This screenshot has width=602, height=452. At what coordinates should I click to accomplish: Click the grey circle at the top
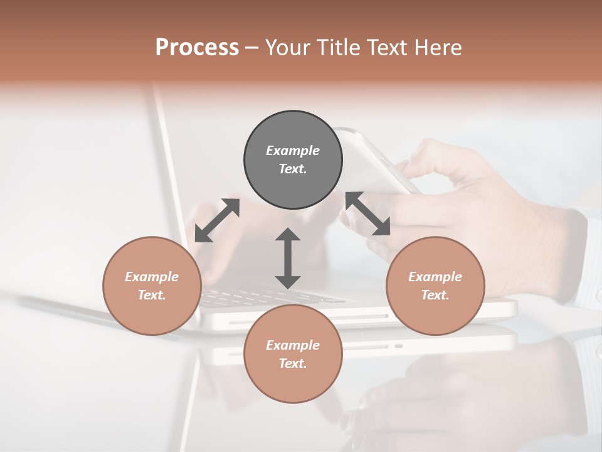pyautogui.click(x=293, y=159)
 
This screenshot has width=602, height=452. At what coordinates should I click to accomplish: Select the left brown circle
pyautogui.click(x=152, y=286)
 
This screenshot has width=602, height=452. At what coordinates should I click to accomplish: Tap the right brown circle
pyautogui.click(x=435, y=286)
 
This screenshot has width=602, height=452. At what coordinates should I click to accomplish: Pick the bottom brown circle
pyautogui.click(x=293, y=354)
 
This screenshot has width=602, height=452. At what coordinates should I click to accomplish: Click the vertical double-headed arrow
pyautogui.click(x=288, y=258)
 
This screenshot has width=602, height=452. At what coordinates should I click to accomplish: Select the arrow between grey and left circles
pyautogui.click(x=217, y=220)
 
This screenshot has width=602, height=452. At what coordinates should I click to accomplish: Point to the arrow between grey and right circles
pyautogui.click(x=368, y=213)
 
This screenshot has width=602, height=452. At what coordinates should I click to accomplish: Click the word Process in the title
pyautogui.click(x=197, y=48)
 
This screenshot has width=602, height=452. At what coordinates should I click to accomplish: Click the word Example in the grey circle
pyautogui.click(x=293, y=151)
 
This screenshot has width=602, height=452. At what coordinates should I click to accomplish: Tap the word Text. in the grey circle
pyautogui.click(x=293, y=169)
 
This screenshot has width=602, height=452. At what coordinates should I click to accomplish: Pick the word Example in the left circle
pyautogui.click(x=152, y=277)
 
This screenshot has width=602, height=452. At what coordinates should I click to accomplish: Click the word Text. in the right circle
pyautogui.click(x=435, y=295)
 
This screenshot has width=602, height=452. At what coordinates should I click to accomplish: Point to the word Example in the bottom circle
pyautogui.click(x=293, y=345)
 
